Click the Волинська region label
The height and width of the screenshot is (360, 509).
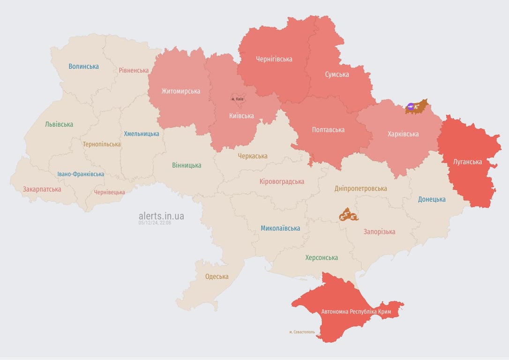(x=83, y=67)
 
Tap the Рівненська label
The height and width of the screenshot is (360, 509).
(x=134, y=70)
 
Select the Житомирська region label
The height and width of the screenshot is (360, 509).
(x=180, y=91)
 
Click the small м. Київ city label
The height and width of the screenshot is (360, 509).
(x=237, y=99)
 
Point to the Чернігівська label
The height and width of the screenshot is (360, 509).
(x=274, y=59)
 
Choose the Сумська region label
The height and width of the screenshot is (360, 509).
(x=337, y=74)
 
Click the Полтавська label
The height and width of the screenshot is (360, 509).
(x=328, y=130)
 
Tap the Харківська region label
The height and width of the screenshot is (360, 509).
(x=403, y=134)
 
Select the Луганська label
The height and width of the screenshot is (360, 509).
(x=467, y=162)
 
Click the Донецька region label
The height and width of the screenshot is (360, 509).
(x=432, y=199)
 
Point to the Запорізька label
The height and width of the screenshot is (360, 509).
(x=379, y=232)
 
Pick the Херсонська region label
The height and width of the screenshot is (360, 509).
(x=321, y=257)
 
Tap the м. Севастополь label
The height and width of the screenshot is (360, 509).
(x=302, y=332)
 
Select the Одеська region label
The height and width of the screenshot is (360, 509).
(x=217, y=277)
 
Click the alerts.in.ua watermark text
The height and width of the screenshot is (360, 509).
(x=161, y=216)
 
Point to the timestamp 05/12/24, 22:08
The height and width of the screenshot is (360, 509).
(x=155, y=223)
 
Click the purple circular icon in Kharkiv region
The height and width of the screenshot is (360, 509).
(x=411, y=106)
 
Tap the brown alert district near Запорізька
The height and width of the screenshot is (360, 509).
(x=348, y=215)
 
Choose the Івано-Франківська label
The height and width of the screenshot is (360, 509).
(x=81, y=174)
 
